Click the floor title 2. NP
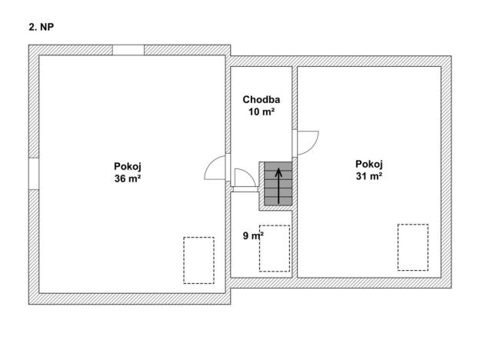(x=42, y=27)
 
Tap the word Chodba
(x=261, y=100)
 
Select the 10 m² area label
(x=261, y=112)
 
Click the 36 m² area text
(x=128, y=178)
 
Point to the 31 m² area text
(x=369, y=176)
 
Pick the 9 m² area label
(x=253, y=235)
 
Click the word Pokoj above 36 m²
(x=128, y=166)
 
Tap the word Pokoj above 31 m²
(x=369, y=165)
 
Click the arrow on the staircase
(x=278, y=185)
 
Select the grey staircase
(x=278, y=184)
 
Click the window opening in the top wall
(x=128, y=50)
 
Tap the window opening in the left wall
(x=34, y=174)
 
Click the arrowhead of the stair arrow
(x=278, y=172)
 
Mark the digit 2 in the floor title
(x=32, y=27)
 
